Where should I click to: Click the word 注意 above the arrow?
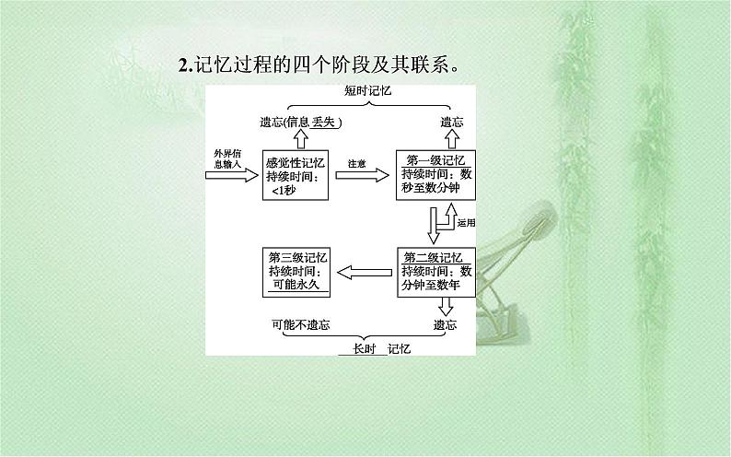coord(356,163)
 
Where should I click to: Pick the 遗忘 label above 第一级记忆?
coord(451,123)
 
